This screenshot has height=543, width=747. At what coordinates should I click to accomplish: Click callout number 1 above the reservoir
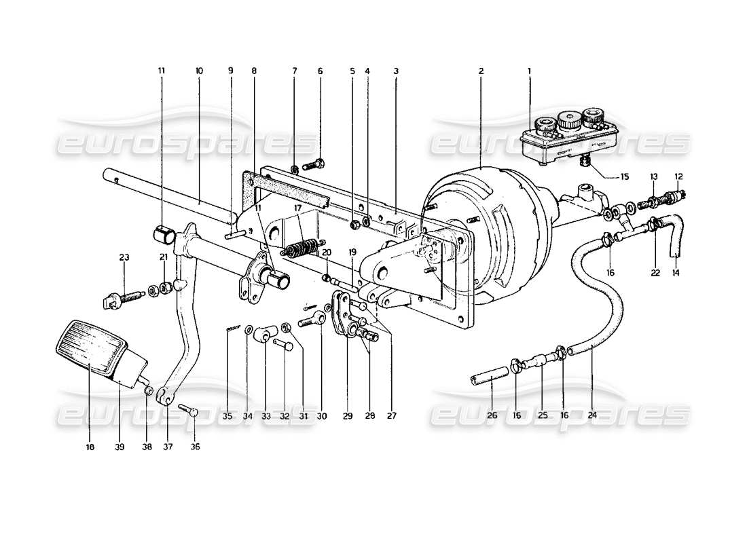pos(530,70)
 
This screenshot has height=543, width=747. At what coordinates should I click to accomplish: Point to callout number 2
pos(481,70)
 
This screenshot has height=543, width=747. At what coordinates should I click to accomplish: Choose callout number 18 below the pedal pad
pos(90,447)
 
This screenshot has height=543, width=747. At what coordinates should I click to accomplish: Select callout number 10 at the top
pos(199,70)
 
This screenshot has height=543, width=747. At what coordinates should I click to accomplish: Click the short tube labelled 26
pos(487,377)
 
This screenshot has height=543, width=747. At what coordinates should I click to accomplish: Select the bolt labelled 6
pos(314,164)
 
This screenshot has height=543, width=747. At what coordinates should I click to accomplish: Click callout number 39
pos(119,447)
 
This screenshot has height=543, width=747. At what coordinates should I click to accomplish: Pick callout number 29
pos(347,415)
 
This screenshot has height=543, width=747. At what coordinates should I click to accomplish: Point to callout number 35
pos(227,415)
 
